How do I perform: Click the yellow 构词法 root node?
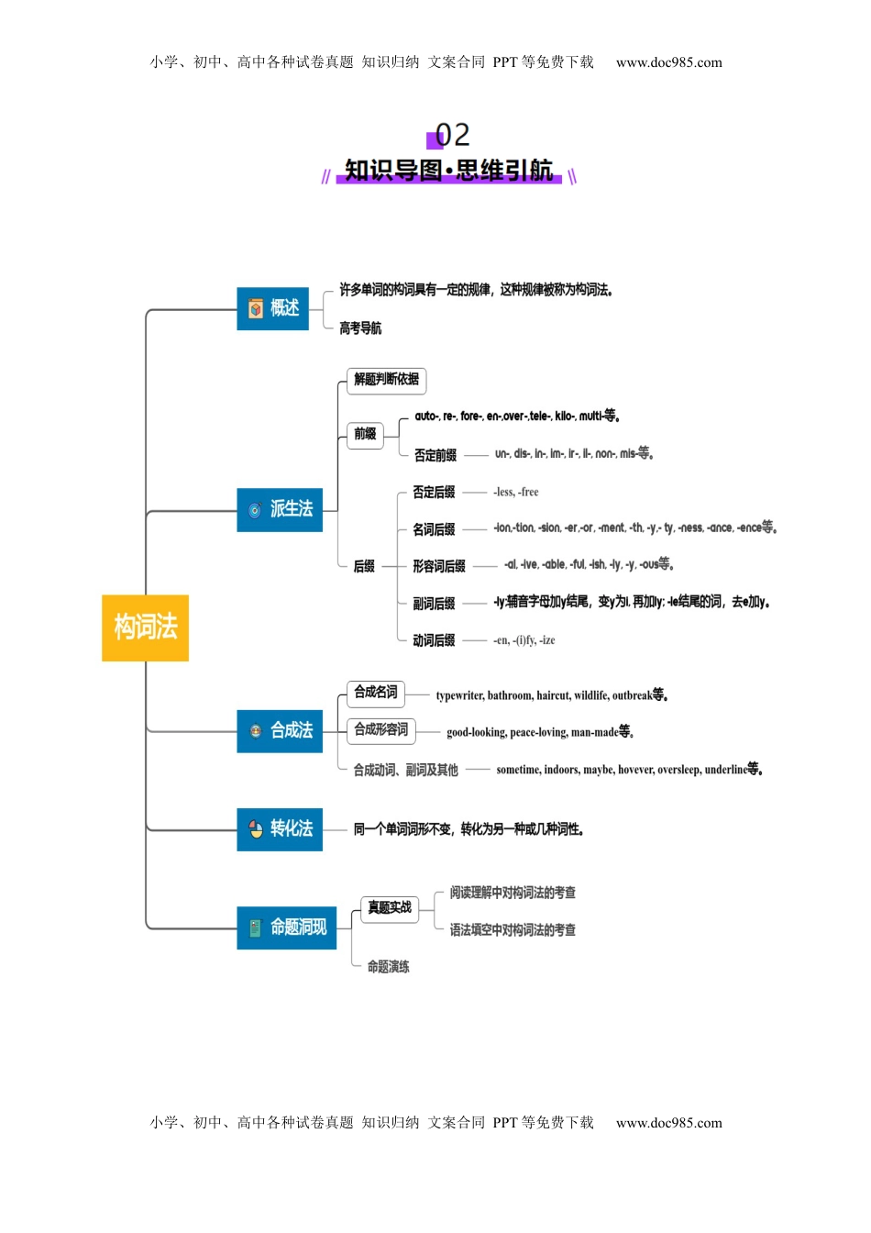[145, 628]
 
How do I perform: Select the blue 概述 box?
[272, 308]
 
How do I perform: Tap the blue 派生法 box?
[280, 509]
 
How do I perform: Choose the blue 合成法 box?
[280, 730]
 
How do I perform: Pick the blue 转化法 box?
[280, 828]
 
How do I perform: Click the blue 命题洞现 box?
[286, 928]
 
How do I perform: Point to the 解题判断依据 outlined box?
[386, 380]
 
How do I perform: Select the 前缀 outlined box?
[365, 434]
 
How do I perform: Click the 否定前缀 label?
[435, 455]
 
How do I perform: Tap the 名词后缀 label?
[434, 529]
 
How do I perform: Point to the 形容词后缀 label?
[438, 566]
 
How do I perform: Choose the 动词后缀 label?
[434, 640]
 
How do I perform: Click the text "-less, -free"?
[516, 492]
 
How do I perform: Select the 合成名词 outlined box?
[376, 693]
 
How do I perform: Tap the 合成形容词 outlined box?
[381, 730]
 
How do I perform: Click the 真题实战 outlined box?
[390, 908]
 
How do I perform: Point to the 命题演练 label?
[388, 967]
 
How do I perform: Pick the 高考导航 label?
[360, 328]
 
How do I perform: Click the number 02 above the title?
[452, 135]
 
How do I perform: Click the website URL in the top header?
[668, 62]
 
